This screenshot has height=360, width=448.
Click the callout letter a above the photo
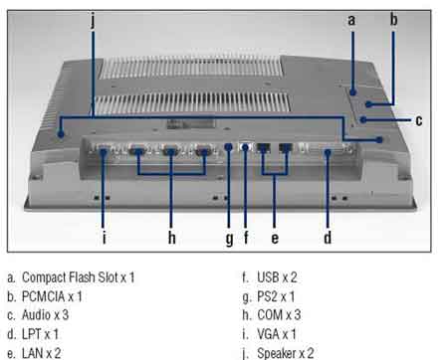[x=351, y=21]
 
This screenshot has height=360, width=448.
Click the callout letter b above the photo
[x=393, y=19]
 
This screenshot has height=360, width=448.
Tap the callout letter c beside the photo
[x=419, y=120]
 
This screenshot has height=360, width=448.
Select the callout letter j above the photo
[x=93, y=21]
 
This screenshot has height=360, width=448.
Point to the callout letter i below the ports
[x=105, y=238]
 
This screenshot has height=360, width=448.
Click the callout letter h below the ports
[x=171, y=238]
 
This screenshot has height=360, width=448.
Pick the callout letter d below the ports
[x=328, y=238]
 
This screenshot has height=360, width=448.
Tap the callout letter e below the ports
[x=275, y=239]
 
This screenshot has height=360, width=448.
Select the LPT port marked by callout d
[x=328, y=150]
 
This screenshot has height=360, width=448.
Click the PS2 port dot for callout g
[x=228, y=147]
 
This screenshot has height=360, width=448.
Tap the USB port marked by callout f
[x=245, y=147]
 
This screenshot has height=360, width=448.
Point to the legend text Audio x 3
[x=45, y=315]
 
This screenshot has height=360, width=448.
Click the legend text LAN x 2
[x=42, y=353]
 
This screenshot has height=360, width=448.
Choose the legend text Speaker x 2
[x=286, y=353]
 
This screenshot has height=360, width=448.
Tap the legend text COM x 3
[x=279, y=315]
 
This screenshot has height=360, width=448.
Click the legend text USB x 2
[x=277, y=277]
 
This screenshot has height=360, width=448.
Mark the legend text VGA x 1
[x=277, y=334]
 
